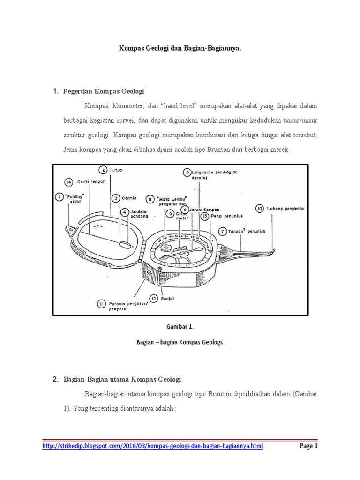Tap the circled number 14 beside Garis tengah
[69, 181]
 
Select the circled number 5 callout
[187, 172]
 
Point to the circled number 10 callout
[260, 208]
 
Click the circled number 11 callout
[101, 304]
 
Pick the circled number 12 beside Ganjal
[154, 298]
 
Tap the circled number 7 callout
[222, 231]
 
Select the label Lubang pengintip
[284, 208]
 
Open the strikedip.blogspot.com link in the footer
[153, 446]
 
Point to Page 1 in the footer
[309, 446]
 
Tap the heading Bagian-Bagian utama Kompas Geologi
[122, 379]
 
